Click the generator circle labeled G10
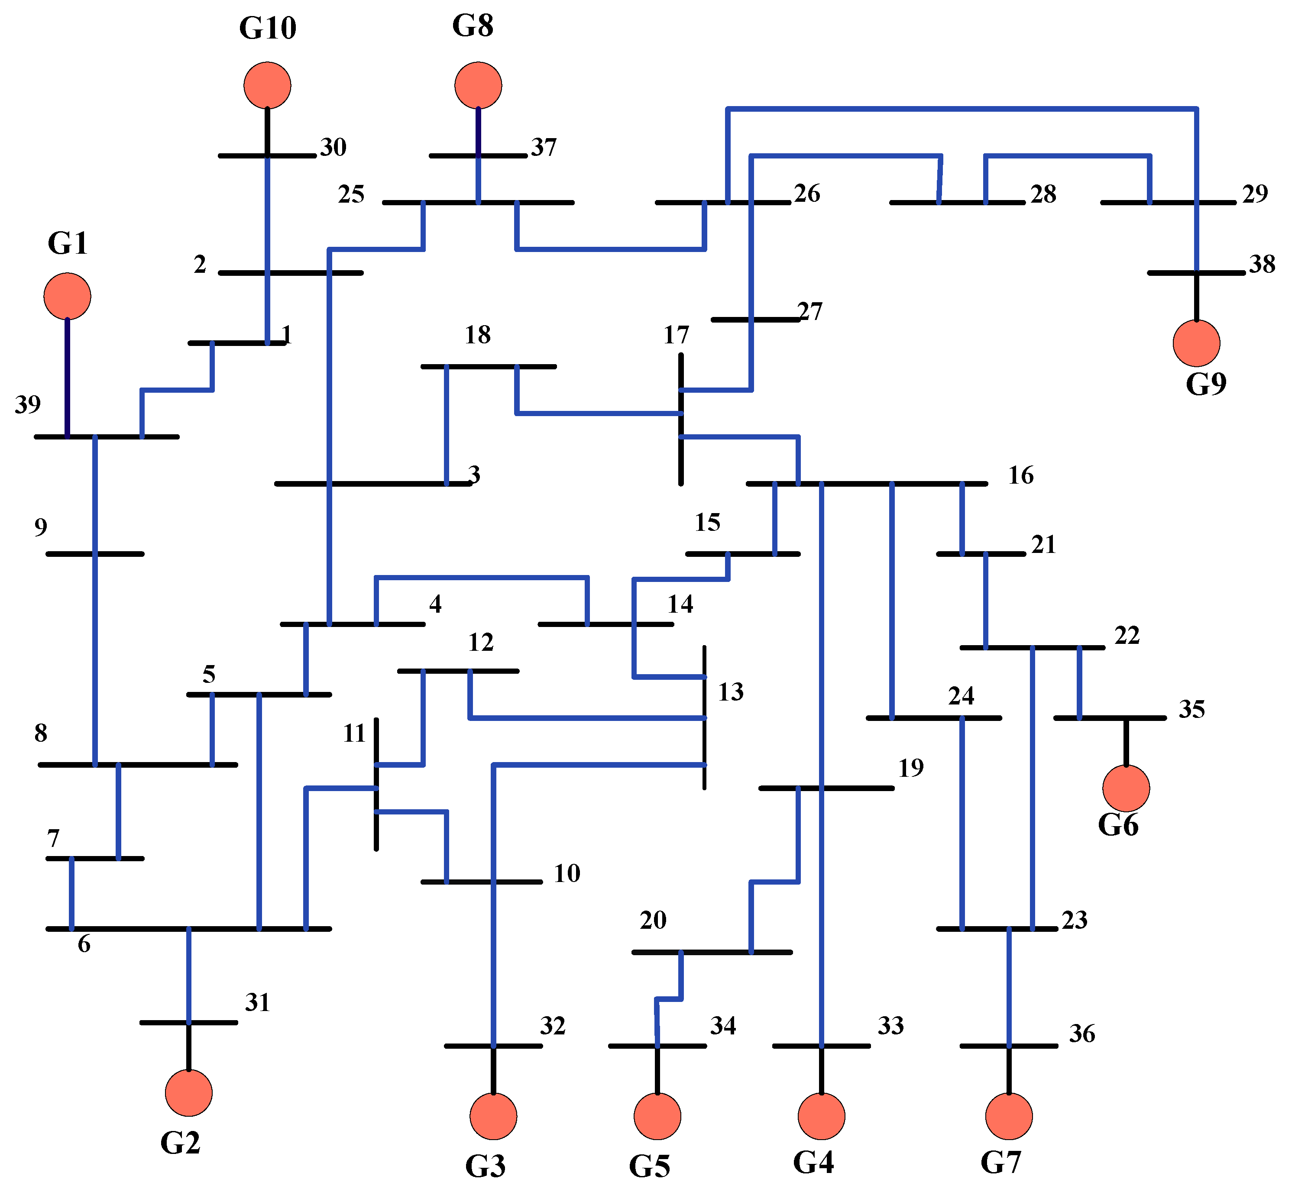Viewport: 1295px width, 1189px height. [x=267, y=86]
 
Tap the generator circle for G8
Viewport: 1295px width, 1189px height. [x=478, y=86]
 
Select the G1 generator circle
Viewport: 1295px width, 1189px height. [x=67, y=296]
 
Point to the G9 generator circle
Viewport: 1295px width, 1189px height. [x=1197, y=343]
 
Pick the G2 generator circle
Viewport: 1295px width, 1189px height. [x=188, y=1093]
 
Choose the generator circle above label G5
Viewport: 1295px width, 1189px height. [x=657, y=1116]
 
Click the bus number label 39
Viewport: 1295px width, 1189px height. [x=28, y=405]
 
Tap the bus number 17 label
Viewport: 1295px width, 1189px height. [x=676, y=335]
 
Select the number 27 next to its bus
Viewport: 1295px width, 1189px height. [x=810, y=311]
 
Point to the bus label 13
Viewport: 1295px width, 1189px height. [x=731, y=692]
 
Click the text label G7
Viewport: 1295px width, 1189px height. [x=1001, y=1162]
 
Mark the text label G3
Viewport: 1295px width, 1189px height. [x=486, y=1165]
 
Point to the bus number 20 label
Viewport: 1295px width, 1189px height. [x=653, y=920]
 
